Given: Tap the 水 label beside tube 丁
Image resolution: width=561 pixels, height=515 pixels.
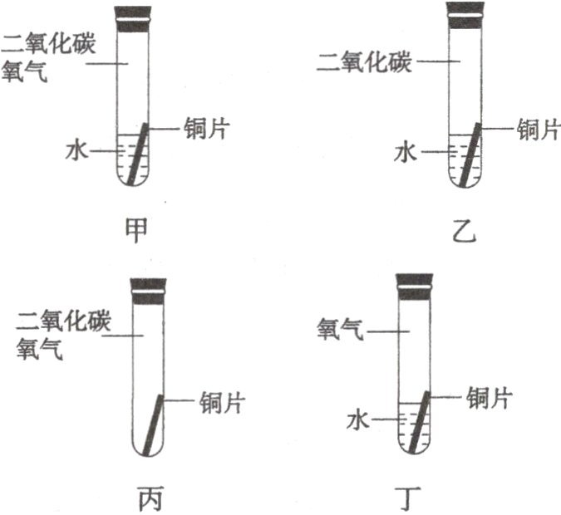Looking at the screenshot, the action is pos(357,421).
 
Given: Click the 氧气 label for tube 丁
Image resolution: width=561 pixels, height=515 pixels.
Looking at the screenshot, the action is pos(340,331).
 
